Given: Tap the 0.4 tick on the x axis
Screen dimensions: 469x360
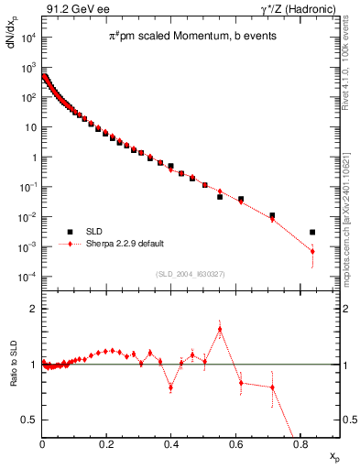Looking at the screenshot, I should (x=171, y=444).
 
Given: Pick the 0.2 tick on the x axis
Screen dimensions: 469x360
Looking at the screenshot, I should (x=106, y=444).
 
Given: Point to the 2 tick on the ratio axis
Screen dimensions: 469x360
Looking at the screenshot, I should (x=35, y=310).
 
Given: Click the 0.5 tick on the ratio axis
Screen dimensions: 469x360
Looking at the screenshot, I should (x=31, y=420).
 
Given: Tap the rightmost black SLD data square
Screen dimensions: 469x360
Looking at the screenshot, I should (x=312, y=233).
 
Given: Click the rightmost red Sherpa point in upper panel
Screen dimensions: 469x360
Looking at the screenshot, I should (x=312, y=251).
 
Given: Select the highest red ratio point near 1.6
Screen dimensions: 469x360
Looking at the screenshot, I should (x=220, y=330).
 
